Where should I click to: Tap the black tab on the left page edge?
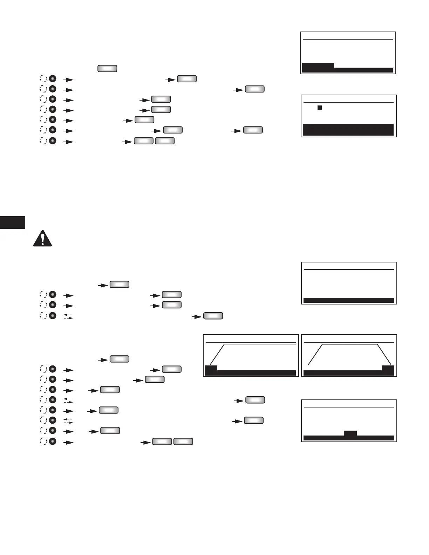point(13,222)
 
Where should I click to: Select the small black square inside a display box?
point(320,108)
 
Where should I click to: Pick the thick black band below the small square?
point(348,129)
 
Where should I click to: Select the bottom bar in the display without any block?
point(349,300)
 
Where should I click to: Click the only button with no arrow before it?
point(107,68)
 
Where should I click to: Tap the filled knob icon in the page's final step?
point(52,441)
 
